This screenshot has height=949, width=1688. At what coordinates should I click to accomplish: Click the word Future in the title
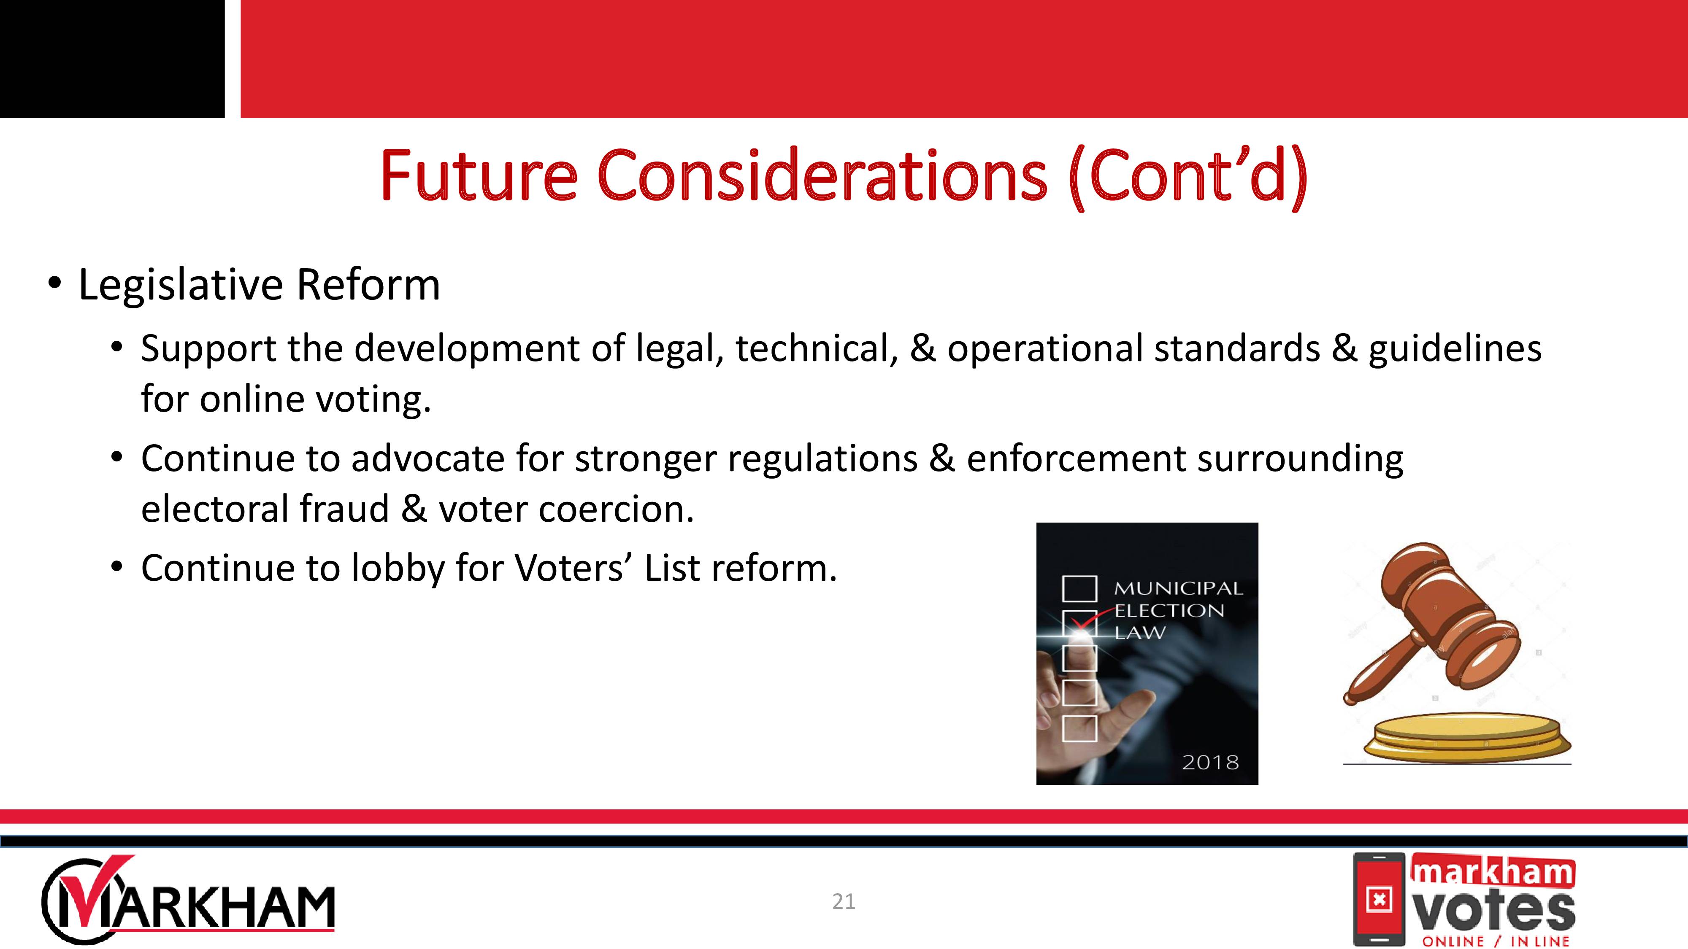point(479,175)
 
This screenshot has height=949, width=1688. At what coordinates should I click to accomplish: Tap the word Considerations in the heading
point(822,175)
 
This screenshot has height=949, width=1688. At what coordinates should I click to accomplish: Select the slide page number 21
point(843,902)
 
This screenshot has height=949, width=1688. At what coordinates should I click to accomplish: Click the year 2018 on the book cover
point(1210,762)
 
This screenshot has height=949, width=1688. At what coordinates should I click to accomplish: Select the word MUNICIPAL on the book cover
point(1178,588)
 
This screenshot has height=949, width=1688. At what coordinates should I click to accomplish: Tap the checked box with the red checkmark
point(1079,623)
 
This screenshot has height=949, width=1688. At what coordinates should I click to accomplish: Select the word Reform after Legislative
point(368,285)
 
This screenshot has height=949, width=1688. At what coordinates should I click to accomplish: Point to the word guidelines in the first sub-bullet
point(1455,348)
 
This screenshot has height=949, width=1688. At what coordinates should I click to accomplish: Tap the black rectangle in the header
point(112,59)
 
